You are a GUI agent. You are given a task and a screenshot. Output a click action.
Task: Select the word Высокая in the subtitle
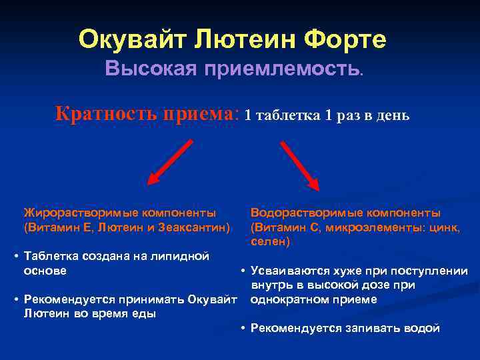(146, 69)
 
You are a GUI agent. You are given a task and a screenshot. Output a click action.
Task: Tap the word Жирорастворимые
(73, 213)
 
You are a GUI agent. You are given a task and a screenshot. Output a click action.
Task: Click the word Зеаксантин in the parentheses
(199, 227)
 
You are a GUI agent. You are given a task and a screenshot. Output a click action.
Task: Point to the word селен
(269, 242)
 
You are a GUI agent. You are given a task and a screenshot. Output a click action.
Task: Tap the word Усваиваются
(284, 271)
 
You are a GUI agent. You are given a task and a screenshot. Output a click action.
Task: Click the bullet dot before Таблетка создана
(15, 256)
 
